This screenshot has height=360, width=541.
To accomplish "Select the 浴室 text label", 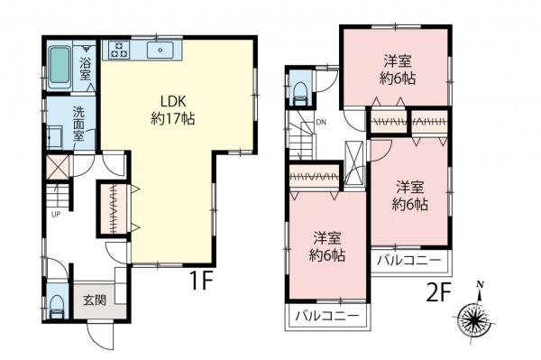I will click(x=85, y=69).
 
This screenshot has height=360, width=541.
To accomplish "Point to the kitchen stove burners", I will click(x=119, y=50).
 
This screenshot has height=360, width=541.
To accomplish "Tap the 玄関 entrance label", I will click(x=93, y=300).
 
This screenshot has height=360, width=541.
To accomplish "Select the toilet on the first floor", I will click(x=57, y=302).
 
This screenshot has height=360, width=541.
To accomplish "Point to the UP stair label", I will click(x=56, y=214).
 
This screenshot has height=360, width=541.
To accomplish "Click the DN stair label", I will click(x=319, y=124).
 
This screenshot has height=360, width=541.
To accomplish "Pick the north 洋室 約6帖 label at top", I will click(x=397, y=69).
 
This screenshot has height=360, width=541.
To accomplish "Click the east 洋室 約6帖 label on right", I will click(x=410, y=196).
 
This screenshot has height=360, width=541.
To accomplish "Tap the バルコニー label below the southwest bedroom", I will click(x=328, y=317).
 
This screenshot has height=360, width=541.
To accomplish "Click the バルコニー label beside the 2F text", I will click(x=408, y=261).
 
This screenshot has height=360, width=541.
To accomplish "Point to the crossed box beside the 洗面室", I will click(x=58, y=167).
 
